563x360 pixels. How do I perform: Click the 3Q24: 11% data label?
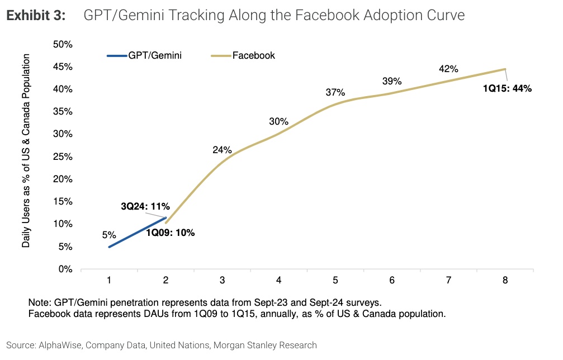(x=145, y=206)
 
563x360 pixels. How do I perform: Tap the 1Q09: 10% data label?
(x=171, y=233)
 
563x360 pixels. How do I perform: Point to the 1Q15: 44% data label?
(x=507, y=88)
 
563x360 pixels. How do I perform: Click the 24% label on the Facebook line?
(x=222, y=150)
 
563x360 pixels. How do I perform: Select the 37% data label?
(x=335, y=92)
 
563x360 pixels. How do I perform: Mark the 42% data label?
(x=448, y=69)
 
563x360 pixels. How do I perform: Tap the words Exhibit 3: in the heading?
(x=36, y=16)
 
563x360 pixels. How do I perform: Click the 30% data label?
(x=278, y=121)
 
